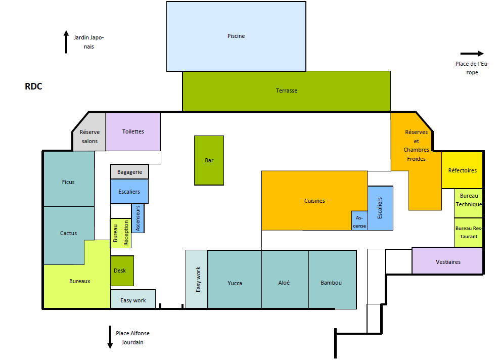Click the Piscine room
click(x=236, y=36)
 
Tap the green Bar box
click(x=209, y=160)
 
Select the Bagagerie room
click(x=129, y=172)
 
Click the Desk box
click(x=122, y=271)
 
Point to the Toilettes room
click(x=133, y=131)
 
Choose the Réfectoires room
click(x=462, y=170)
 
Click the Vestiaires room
click(x=447, y=261)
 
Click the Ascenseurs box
click(x=138, y=218)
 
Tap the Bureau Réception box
click(x=121, y=233)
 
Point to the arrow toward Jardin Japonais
click(x=66, y=42)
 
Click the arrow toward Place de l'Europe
click(x=472, y=54)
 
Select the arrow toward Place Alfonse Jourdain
click(x=110, y=337)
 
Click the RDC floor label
click(x=33, y=86)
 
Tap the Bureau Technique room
click(x=469, y=203)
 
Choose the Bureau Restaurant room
click(x=469, y=233)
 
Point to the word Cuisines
click(x=314, y=201)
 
